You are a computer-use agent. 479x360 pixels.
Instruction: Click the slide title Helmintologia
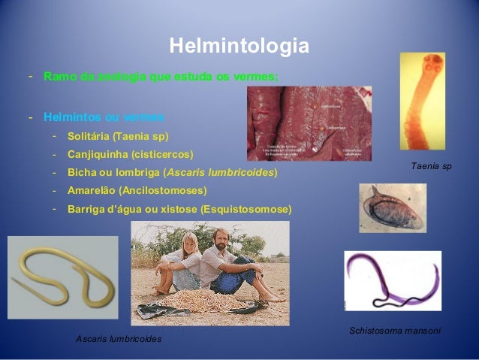click(x=239, y=47)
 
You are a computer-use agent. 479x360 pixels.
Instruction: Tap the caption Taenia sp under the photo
click(x=432, y=165)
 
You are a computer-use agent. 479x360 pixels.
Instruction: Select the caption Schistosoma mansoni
click(x=395, y=331)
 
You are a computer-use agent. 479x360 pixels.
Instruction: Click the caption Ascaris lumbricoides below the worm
click(x=119, y=339)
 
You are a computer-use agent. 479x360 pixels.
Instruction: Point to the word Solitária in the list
click(x=88, y=137)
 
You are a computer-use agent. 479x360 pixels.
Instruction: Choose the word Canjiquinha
click(x=97, y=155)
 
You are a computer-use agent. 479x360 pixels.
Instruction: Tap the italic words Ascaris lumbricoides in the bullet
click(x=221, y=173)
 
